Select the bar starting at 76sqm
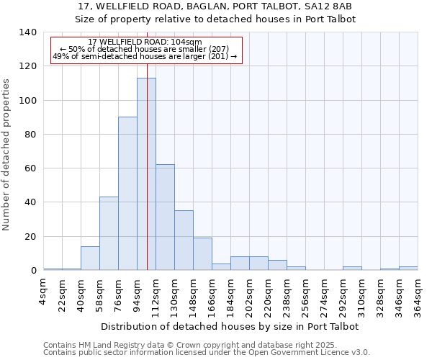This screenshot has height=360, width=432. tap(127, 194)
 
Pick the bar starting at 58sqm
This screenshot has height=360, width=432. tap(109, 233)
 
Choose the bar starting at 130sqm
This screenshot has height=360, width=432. tap(184, 240)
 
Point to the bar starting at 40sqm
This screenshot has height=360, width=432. tap(90, 258)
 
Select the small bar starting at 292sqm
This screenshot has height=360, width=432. tap(352, 269)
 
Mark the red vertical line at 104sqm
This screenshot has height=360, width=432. tap(147, 144)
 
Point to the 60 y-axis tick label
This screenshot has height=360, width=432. tap(30, 168)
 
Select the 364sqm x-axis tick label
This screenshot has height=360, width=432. tap(418, 297)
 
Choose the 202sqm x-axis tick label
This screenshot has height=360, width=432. tap(250, 297)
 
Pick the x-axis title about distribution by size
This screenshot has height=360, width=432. tap(230, 327)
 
